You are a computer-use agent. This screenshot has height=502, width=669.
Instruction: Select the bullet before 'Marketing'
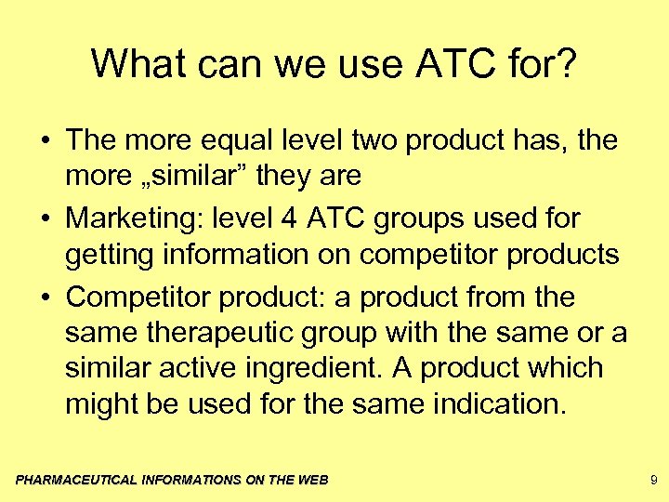click(46, 219)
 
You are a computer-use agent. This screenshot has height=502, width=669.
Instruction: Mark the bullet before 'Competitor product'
click(46, 298)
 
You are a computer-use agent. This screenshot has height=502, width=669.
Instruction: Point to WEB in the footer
click(310, 480)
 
